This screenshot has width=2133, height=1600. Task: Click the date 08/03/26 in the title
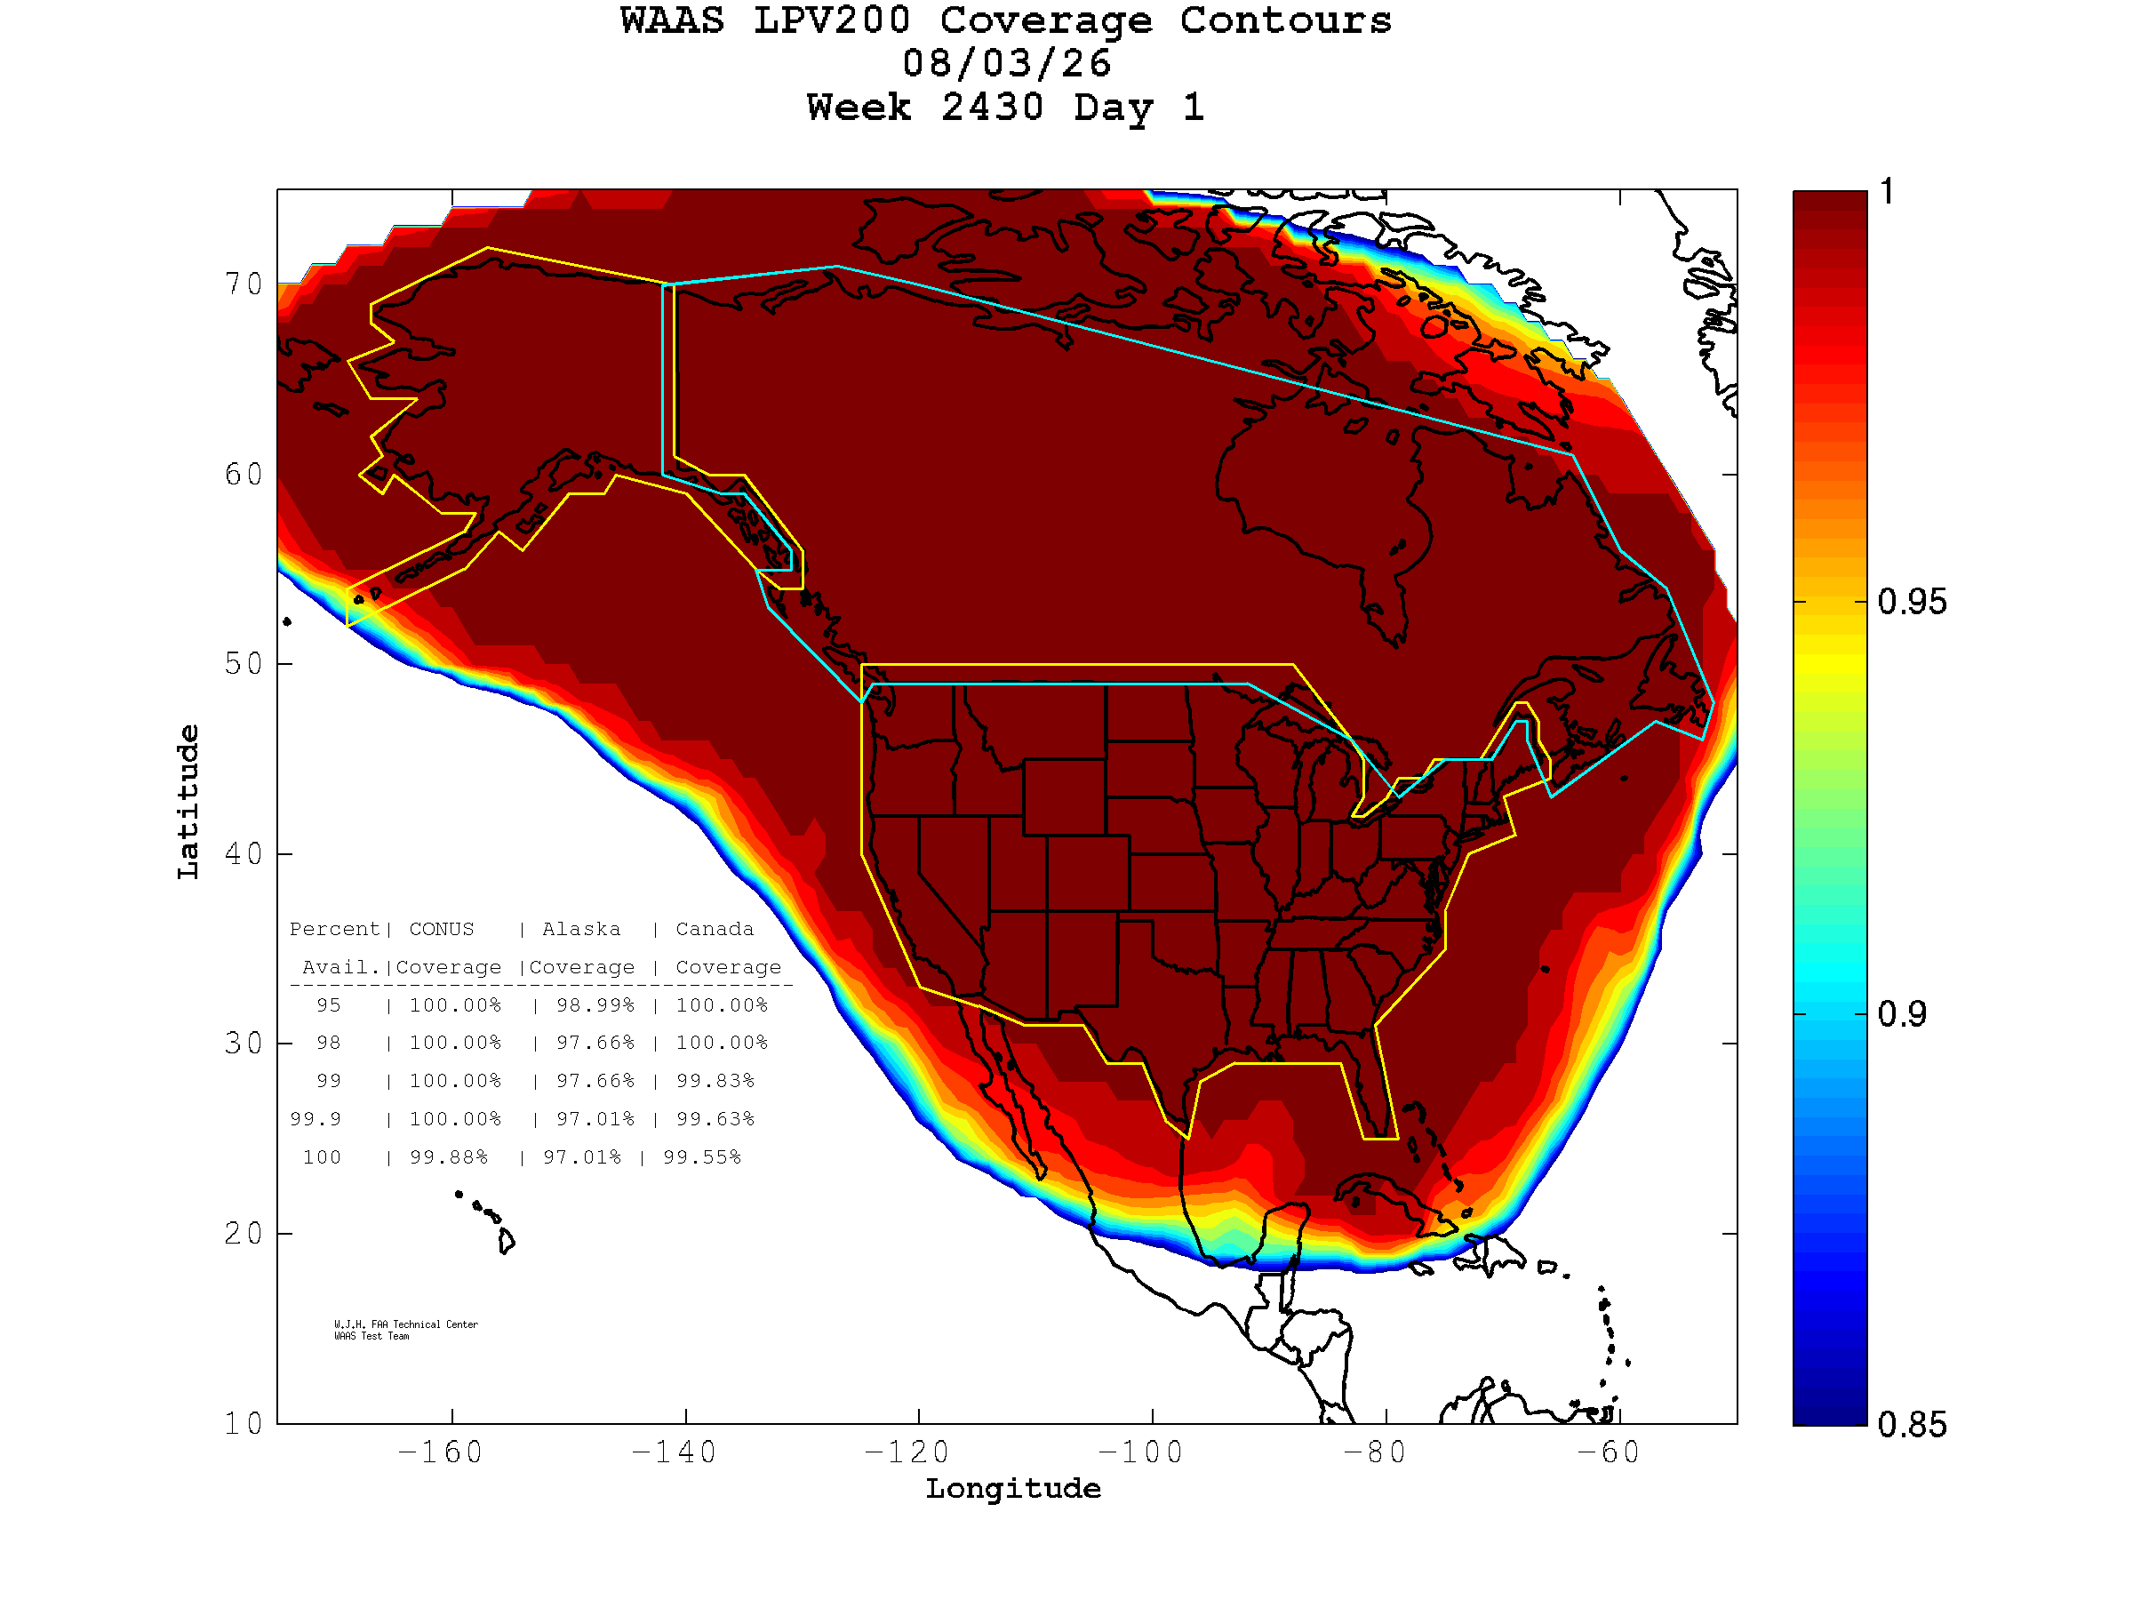(x=1007, y=64)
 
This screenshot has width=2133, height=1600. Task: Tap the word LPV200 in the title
(x=832, y=20)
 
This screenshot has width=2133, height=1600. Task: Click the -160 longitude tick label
(x=440, y=1452)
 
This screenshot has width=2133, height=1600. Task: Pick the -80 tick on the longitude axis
(x=1374, y=1452)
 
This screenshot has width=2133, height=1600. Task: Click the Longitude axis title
(x=1013, y=1489)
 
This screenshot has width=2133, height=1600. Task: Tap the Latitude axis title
(x=188, y=803)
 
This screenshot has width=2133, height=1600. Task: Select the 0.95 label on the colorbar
(x=1911, y=602)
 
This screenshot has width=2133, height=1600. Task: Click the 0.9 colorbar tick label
(x=1902, y=1014)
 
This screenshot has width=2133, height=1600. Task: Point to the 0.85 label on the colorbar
(x=1911, y=1425)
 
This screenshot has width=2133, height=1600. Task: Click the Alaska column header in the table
(x=581, y=930)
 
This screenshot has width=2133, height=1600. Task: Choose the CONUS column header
(x=442, y=930)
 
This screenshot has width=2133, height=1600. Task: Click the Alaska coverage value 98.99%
(x=595, y=1005)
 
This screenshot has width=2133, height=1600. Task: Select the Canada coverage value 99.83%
(x=715, y=1081)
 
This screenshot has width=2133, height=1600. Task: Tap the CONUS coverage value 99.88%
(x=449, y=1157)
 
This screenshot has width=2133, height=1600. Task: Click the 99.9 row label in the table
(x=316, y=1120)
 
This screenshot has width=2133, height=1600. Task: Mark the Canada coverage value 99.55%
(x=702, y=1157)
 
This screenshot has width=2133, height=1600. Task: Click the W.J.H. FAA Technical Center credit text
(x=406, y=1324)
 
